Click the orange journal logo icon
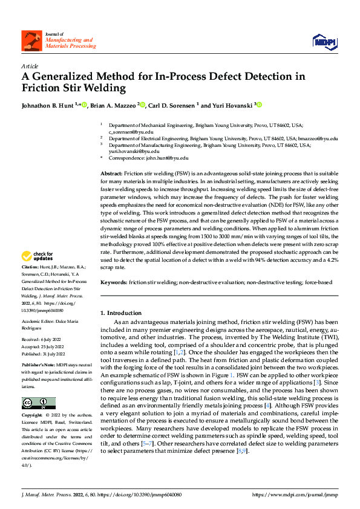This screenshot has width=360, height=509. click(29, 41)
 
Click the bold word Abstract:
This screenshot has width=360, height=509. click(111, 173)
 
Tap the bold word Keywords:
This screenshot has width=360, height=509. click(113, 282)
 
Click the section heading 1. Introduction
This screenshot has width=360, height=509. click(121, 313)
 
